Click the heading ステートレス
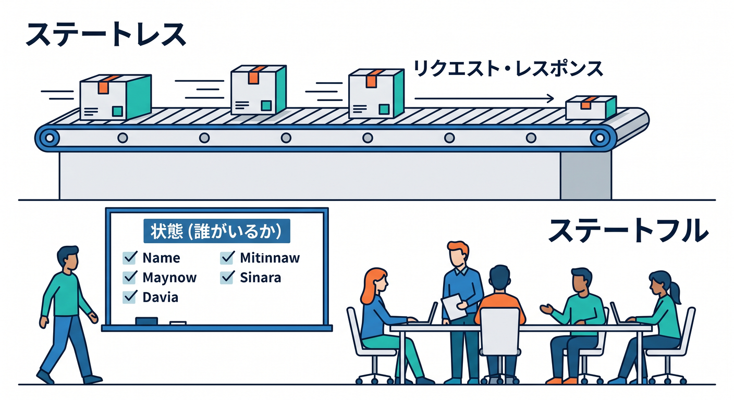(105, 34)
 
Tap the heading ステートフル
(629, 230)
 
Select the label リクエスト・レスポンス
(508, 69)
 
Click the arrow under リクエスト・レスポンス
(484, 98)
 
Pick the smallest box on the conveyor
(591, 108)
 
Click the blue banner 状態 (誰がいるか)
(217, 231)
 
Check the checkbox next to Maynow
(129, 277)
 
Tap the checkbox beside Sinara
(227, 277)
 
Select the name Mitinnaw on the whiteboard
(270, 258)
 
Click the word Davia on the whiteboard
(160, 297)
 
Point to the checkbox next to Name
(129, 258)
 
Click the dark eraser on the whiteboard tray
(146, 321)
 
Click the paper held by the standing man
(454, 306)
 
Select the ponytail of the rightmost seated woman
(676, 292)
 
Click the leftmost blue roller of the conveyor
(49, 138)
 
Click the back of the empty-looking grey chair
(500, 331)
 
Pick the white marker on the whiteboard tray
(178, 323)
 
